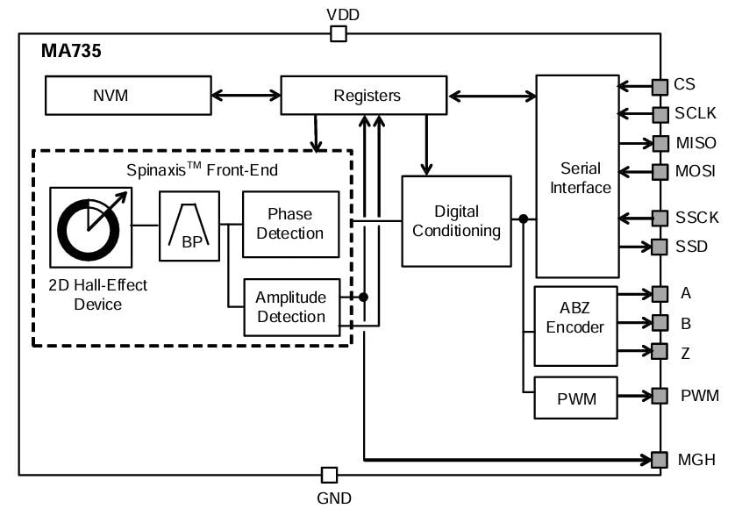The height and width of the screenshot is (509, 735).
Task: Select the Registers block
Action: (x=367, y=96)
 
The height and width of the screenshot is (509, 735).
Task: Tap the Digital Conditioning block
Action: (x=456, y=221)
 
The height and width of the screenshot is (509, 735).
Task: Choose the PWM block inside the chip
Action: (x=576, y=398)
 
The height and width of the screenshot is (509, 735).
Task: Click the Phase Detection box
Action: (x=289, y=223)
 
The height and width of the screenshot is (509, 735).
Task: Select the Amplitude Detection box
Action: (x=289, y=307)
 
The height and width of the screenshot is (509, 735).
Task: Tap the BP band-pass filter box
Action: (x=189, y=226)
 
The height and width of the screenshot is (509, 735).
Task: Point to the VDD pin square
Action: (x=338, y=34)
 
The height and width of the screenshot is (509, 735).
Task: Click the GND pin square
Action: (x=329, y=475)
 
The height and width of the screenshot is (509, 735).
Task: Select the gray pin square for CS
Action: (x=659, y=86)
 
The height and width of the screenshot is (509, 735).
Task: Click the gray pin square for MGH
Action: (x=659, y=459)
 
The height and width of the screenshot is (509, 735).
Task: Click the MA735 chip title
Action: (x=72, y=52)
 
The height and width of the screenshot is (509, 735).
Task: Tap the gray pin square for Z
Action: (x=659, y=351)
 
